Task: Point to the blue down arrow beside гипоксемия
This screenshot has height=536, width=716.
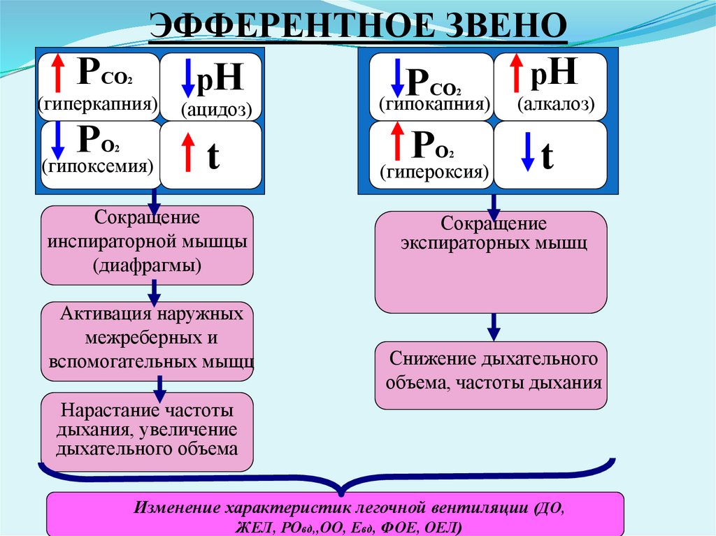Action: coord(59,140)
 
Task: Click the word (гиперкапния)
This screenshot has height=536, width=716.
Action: coord(97,105)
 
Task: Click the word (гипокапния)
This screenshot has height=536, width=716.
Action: coord(434,105)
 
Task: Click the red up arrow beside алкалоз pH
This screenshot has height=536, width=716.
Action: coord(517,72)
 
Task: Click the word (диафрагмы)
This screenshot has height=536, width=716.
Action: coord(146,265)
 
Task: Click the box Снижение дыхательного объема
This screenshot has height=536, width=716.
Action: coord(491,375)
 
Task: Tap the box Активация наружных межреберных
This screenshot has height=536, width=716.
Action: coord(147,340)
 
